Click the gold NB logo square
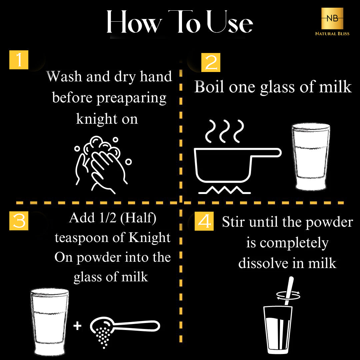(332, 18)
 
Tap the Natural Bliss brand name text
(332, 34)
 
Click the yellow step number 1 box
(19, 60)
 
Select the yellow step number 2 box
(211, 62)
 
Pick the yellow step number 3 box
(19, 221)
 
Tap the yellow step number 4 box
(204, 221)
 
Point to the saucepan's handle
(266, 153)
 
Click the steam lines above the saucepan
(225, 131)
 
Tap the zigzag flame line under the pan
(225, 190)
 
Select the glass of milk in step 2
(311, 157)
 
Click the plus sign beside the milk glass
(77, 326)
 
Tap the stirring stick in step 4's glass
(289, 291)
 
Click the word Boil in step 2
(209, 87)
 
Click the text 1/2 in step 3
(108, 218)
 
